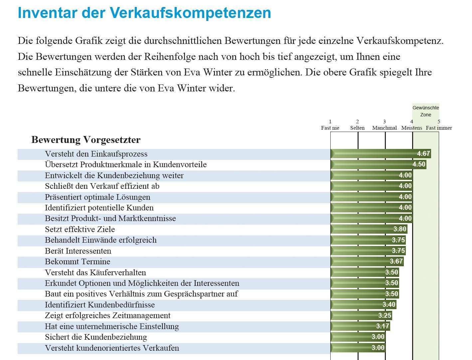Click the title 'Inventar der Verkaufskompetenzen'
click(144, 13)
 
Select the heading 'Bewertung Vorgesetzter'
click(86, 140)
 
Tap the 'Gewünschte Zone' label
click(425, 111)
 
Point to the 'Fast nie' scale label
click(330, 128)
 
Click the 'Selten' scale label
click(357, 128)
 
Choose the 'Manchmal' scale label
click(385, 128)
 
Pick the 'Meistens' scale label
click(411, 128)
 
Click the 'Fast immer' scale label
click(439, 128)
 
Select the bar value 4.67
click(423, 154)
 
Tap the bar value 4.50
click(419, 164)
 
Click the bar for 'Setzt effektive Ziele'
click(369, 229)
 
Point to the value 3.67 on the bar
click(396, 261)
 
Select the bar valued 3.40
click(363, 304)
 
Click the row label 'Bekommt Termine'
click(78, 262)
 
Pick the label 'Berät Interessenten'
click(78, 251)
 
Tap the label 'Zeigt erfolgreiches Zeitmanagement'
click(107, 315)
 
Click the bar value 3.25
click(385, 315)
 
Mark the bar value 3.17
click(383, 326)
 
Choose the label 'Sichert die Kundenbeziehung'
click(96, 337)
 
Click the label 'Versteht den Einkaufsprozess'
click(96, 154)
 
